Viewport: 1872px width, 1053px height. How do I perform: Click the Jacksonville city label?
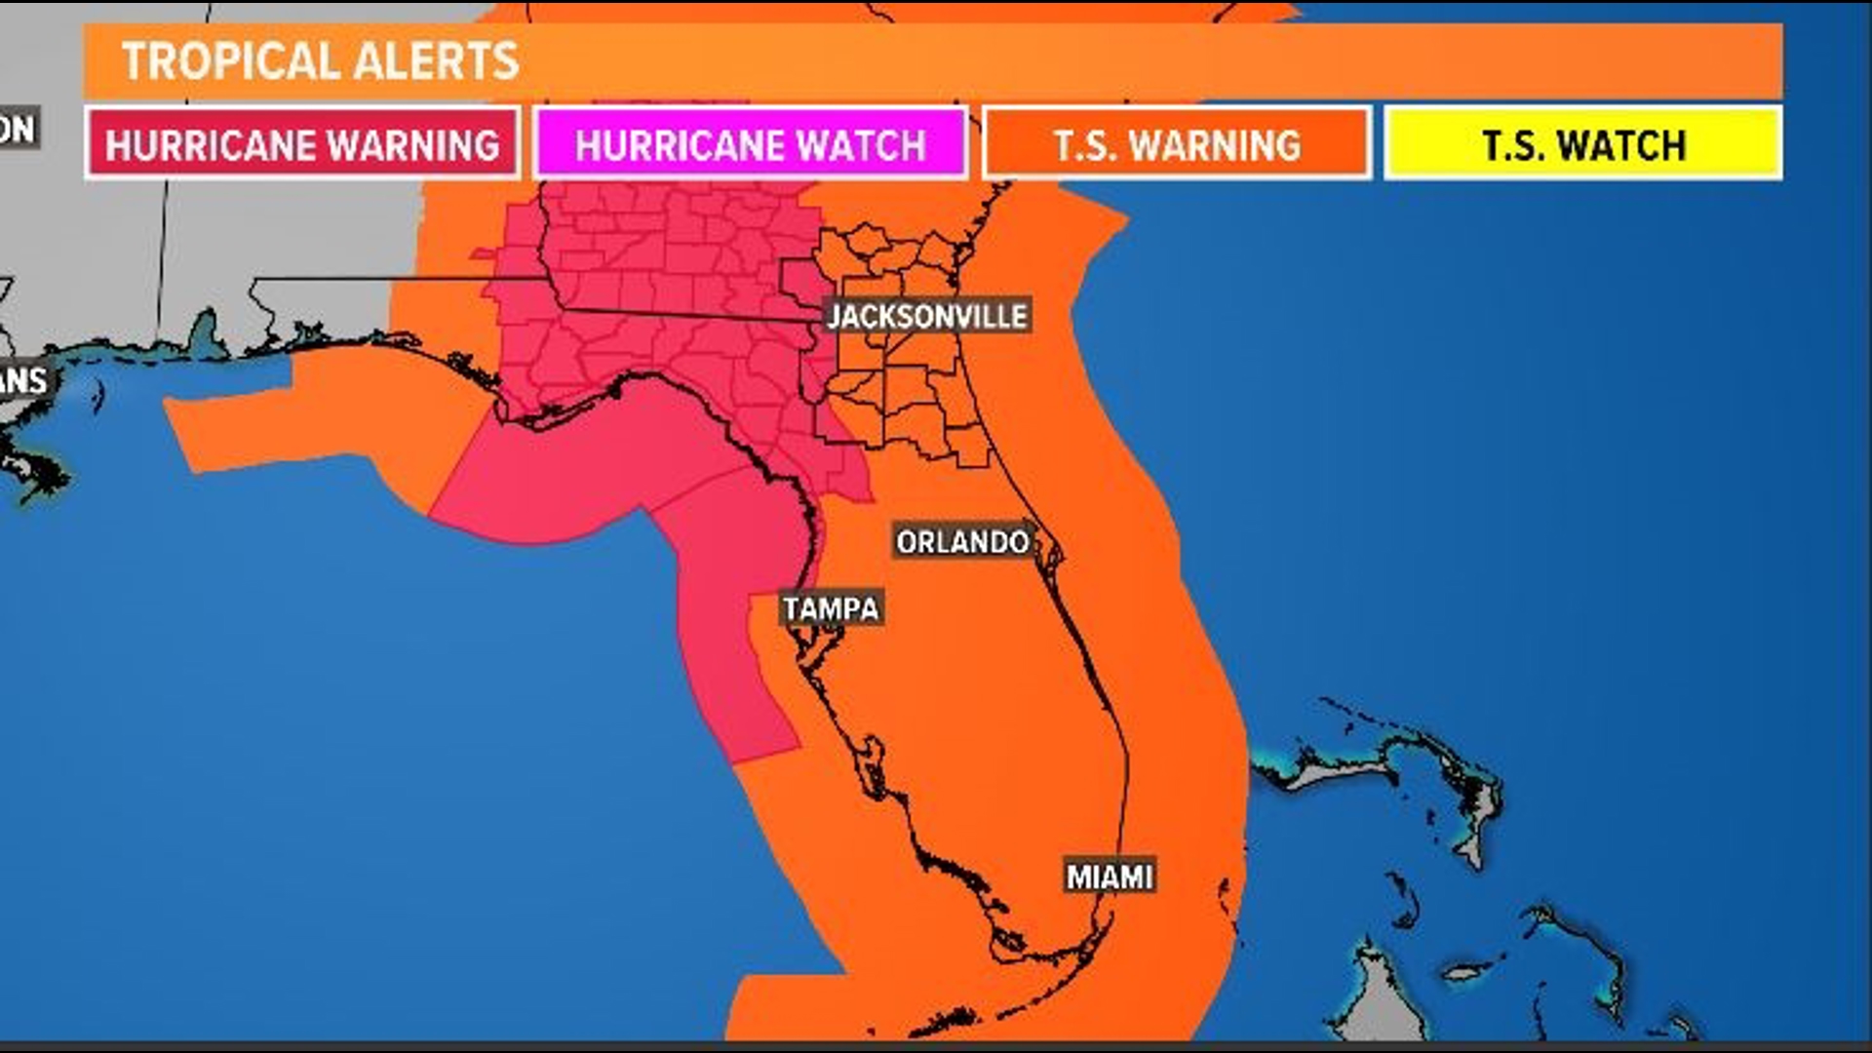pos(927,316)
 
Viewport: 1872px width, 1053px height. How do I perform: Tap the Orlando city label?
pos(962,541)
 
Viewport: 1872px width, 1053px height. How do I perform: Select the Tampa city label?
pos(832,608)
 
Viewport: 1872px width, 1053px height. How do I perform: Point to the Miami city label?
pos(1111,877)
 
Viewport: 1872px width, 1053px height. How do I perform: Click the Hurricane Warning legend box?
pos(302,144)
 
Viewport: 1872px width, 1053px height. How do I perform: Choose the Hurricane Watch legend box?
pos(750,144)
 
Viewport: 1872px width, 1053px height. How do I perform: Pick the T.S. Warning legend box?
pos(1177,144)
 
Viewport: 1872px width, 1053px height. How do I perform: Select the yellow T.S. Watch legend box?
pos(1583,144)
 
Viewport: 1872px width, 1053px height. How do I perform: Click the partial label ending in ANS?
pos(23,380)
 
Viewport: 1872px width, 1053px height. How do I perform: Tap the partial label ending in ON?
pos(18,129)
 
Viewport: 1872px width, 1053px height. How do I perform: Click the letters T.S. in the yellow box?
pos(1511,145)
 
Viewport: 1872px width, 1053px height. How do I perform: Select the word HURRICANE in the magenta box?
pos(663,145)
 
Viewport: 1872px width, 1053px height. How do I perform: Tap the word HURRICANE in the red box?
pos(210,145)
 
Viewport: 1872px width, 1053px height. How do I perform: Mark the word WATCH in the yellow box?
pos(1622,145)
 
